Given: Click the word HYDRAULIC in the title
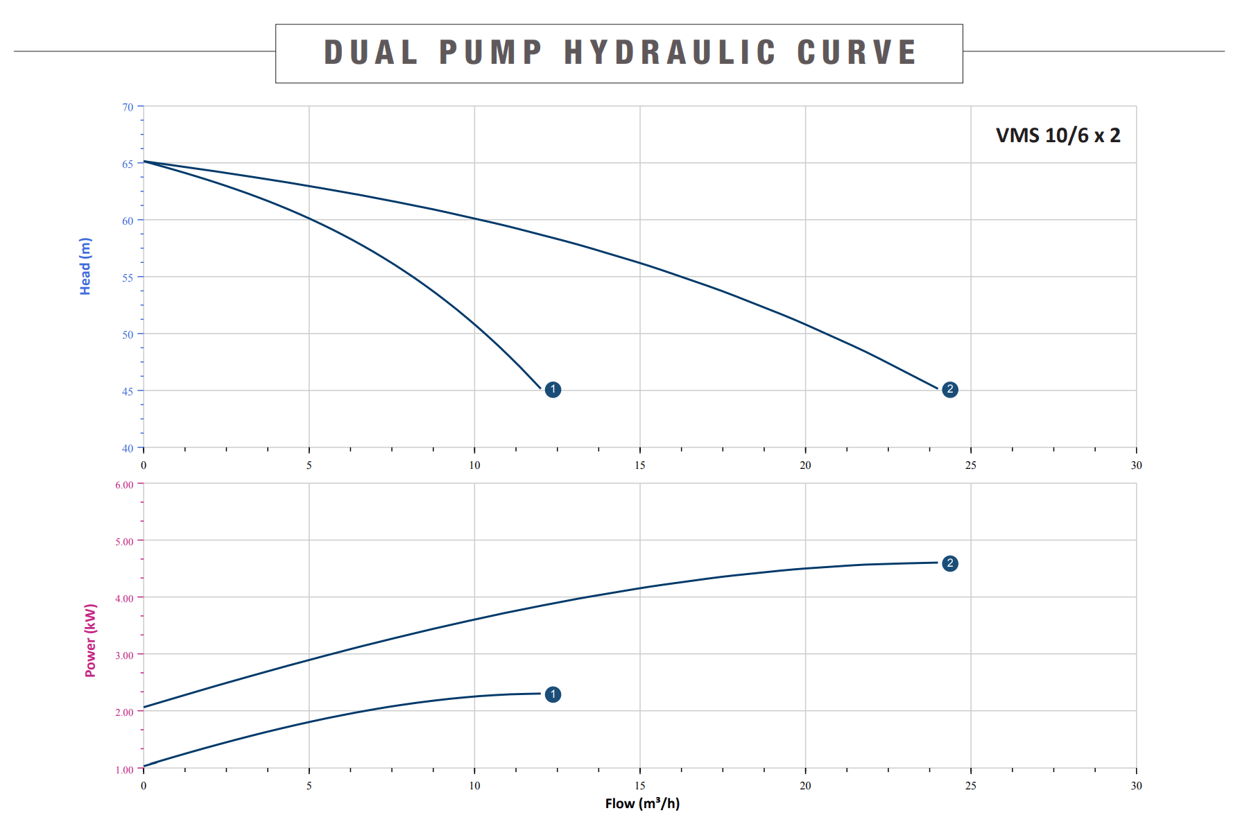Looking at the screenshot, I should tap(669, 53).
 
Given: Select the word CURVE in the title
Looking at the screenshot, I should tap(857, 53).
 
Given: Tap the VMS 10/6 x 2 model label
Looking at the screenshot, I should tap(1058, 135).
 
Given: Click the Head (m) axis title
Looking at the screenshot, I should tap(85, 266).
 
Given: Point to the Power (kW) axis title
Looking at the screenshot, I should tap(91, 640).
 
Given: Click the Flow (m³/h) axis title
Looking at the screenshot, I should tap(642, 803).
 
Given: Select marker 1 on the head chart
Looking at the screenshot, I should tap(553, 390).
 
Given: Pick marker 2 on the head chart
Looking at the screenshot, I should tap(950, 390).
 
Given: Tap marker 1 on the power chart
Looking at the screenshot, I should tap(553, 694).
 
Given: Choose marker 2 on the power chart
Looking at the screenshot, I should tap(950, 563).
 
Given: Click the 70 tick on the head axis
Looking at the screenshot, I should tap(128, 108).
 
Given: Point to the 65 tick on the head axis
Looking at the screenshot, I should tap(128, 164).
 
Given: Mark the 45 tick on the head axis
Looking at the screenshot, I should tap(128, 392).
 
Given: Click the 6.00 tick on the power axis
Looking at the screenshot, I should tap(125, 485).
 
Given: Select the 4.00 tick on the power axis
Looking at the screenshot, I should tap(125, 599).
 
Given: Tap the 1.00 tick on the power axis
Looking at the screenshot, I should tap(125, 769).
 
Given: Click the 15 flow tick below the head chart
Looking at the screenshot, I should tap(640, 465).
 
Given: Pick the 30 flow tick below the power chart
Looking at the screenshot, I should tap(1136, 786).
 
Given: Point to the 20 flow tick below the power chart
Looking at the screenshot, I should tap(805, 786).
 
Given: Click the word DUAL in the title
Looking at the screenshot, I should tap(371, 53).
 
